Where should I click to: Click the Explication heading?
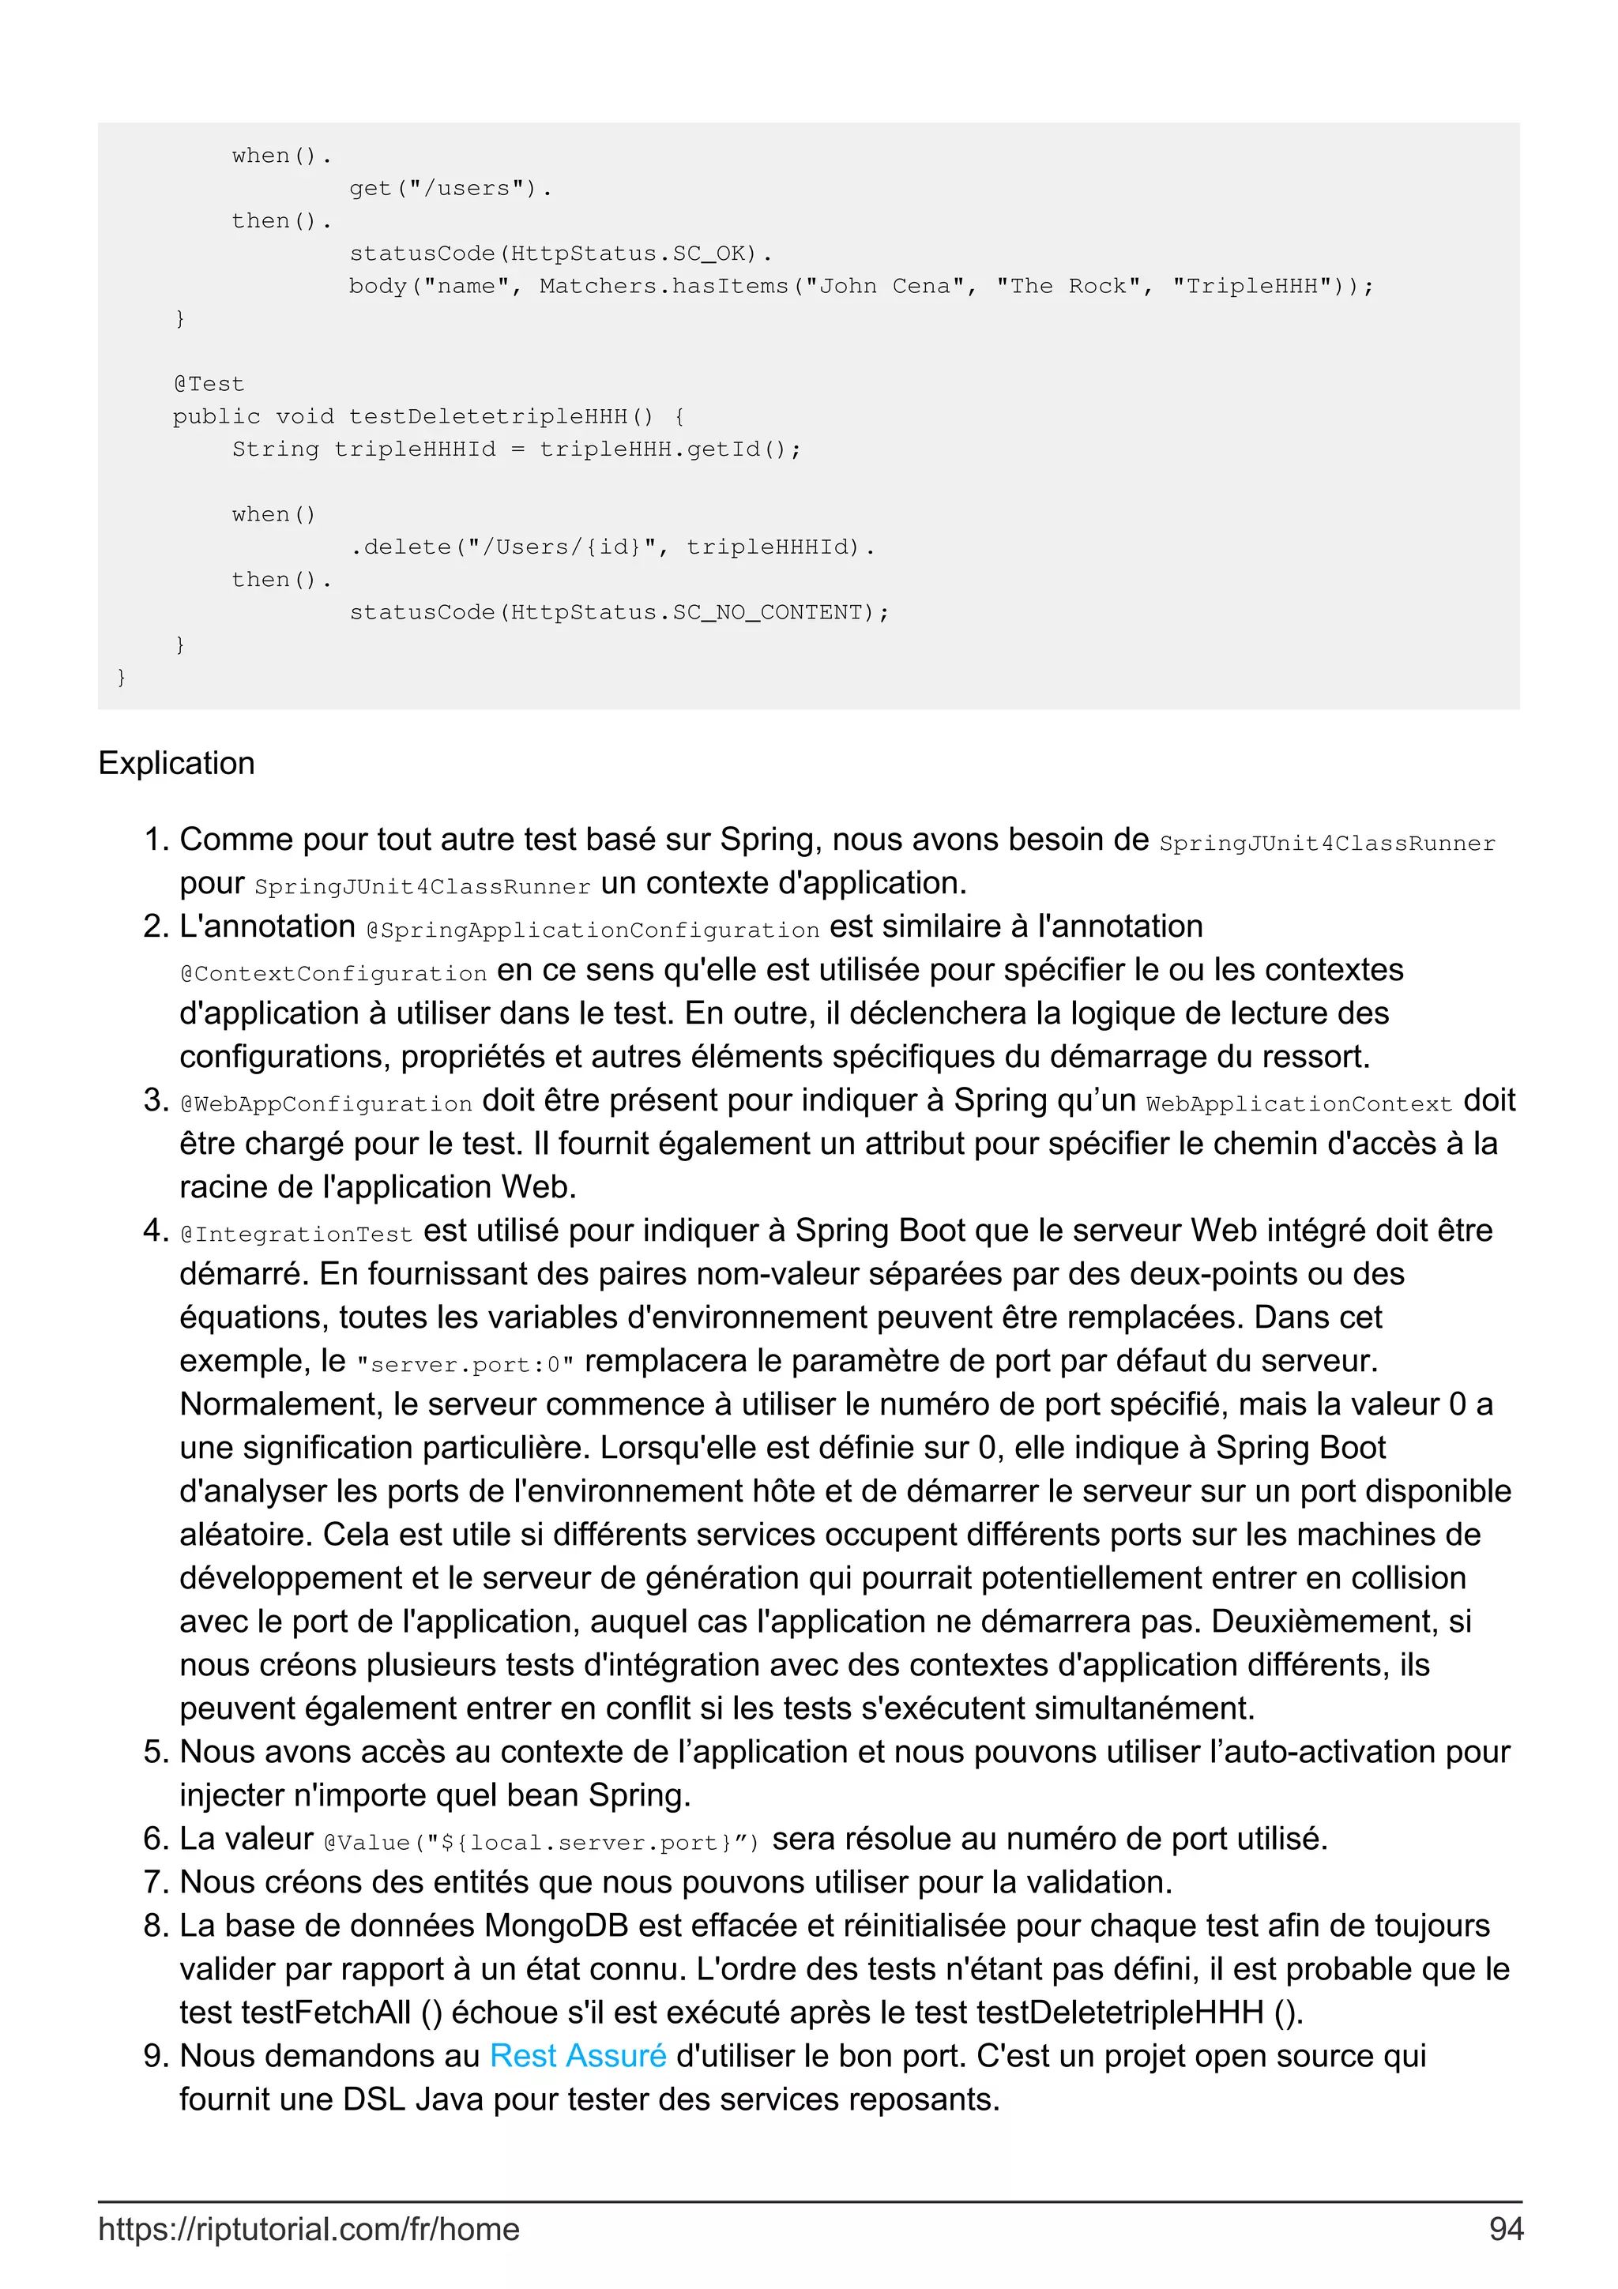point(176,763)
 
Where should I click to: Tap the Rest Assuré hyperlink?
point(578,2056)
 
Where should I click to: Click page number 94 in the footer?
point(1505,2228)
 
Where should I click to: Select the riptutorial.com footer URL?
point(309,2228)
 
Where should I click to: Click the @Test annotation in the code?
point(209,384)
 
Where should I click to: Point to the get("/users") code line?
point(450,187)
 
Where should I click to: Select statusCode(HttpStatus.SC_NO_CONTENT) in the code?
point(618,612)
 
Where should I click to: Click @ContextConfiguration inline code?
point(333,973)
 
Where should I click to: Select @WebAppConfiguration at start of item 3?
point(326,1103)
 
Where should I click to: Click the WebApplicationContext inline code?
point(1298,1103)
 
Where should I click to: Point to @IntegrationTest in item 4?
point(296,1235)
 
